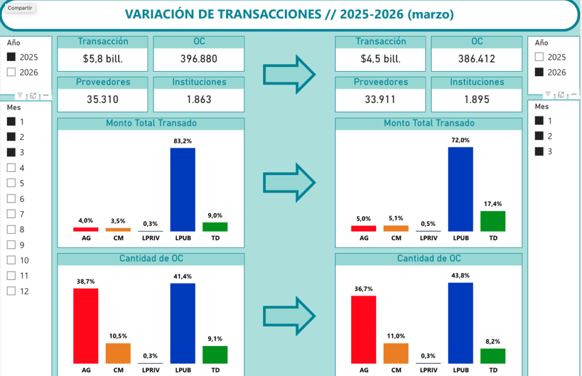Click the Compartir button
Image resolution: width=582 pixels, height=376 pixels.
(20, 8)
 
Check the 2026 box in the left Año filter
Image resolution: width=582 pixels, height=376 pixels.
(11, 72)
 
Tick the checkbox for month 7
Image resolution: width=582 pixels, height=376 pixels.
(11, 214)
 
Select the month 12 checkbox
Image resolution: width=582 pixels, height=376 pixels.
(11, 291)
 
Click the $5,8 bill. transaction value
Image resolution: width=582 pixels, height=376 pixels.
(102, 59)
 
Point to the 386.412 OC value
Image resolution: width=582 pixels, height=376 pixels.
(476, 59)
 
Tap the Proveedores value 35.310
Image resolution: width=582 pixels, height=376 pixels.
(102, 100)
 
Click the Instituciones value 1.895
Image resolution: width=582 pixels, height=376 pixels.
(476, 100)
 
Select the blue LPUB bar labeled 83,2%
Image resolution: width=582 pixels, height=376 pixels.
(182, 189)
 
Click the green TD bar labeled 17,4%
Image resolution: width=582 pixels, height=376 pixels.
(493, 221)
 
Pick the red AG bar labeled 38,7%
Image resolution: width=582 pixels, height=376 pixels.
(86, 325)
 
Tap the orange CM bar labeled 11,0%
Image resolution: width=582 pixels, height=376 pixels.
(396, 353)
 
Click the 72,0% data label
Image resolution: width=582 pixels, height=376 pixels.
(461, 140)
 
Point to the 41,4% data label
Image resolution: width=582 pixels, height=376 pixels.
(182, 276)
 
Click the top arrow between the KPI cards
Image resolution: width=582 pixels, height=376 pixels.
(289, 73)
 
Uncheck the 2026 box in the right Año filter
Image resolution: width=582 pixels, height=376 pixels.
(539, 72)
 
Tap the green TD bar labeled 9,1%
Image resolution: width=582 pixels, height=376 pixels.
(215, 354)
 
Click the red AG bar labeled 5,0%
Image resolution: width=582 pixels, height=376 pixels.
(363, 228)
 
